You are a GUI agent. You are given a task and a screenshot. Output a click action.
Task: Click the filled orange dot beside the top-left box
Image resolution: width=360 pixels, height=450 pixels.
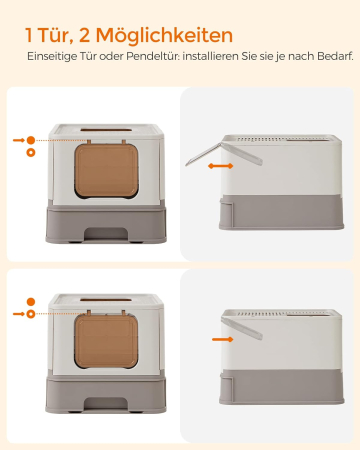[32, 141]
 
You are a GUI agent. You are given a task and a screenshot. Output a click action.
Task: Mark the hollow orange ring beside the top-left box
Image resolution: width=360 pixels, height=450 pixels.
[32, 154]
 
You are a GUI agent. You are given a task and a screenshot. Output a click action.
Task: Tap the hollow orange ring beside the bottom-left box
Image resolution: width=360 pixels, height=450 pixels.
[32, 314]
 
